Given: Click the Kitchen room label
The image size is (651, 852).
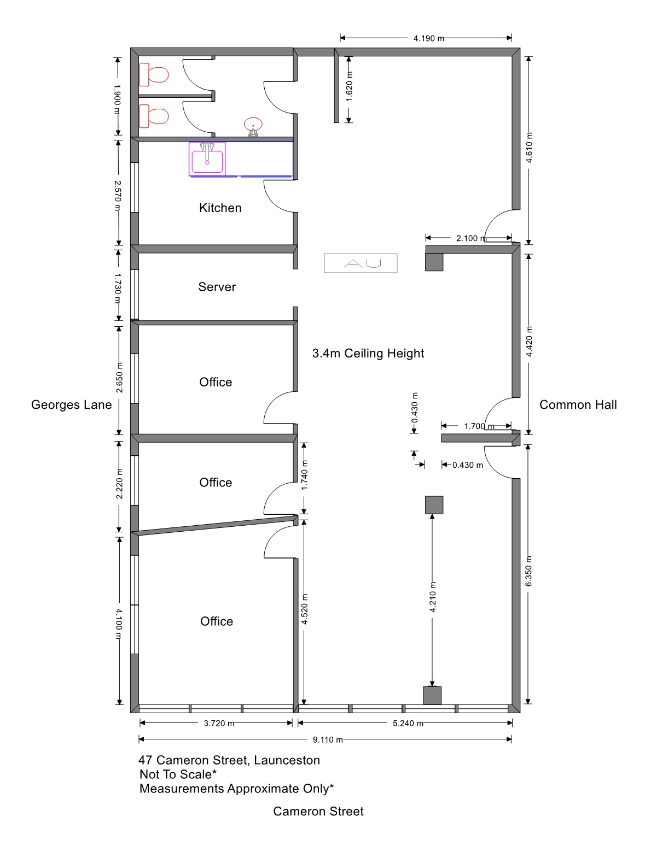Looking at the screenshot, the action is tap(220, 208).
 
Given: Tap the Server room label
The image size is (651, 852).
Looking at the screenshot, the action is tap(217, 287).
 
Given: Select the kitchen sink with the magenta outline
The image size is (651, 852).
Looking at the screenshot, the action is tap(207, 158).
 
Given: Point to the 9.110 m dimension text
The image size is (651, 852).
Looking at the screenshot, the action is tap(328, 740).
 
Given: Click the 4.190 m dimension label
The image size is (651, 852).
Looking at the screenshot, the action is tap(429, 38).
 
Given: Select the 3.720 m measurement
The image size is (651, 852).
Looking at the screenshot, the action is tap(219, 724).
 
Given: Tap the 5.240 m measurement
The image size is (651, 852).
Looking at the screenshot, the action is tap(408, 724).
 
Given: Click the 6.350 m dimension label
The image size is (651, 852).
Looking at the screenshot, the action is tap(528, 571).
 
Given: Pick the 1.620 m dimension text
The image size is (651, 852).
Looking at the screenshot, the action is tap(349, 86).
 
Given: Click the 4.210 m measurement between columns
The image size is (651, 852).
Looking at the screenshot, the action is tap(433, 597).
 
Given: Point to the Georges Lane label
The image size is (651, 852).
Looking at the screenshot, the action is tap(72, 405).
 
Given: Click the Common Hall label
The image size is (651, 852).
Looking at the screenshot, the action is tap(578, 405).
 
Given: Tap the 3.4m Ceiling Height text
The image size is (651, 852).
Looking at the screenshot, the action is tap(368, 353).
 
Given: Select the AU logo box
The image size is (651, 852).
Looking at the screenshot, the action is tap(361, 263).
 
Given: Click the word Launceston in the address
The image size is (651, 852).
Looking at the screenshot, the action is tap(287, 760).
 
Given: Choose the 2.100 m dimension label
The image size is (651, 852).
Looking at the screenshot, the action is tap(472, 238).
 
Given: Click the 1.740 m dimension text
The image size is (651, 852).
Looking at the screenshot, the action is tap(305, 475).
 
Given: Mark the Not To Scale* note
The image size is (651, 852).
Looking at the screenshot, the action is tap(178, 774).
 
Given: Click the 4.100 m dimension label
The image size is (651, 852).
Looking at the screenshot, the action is tap(119, 624).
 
